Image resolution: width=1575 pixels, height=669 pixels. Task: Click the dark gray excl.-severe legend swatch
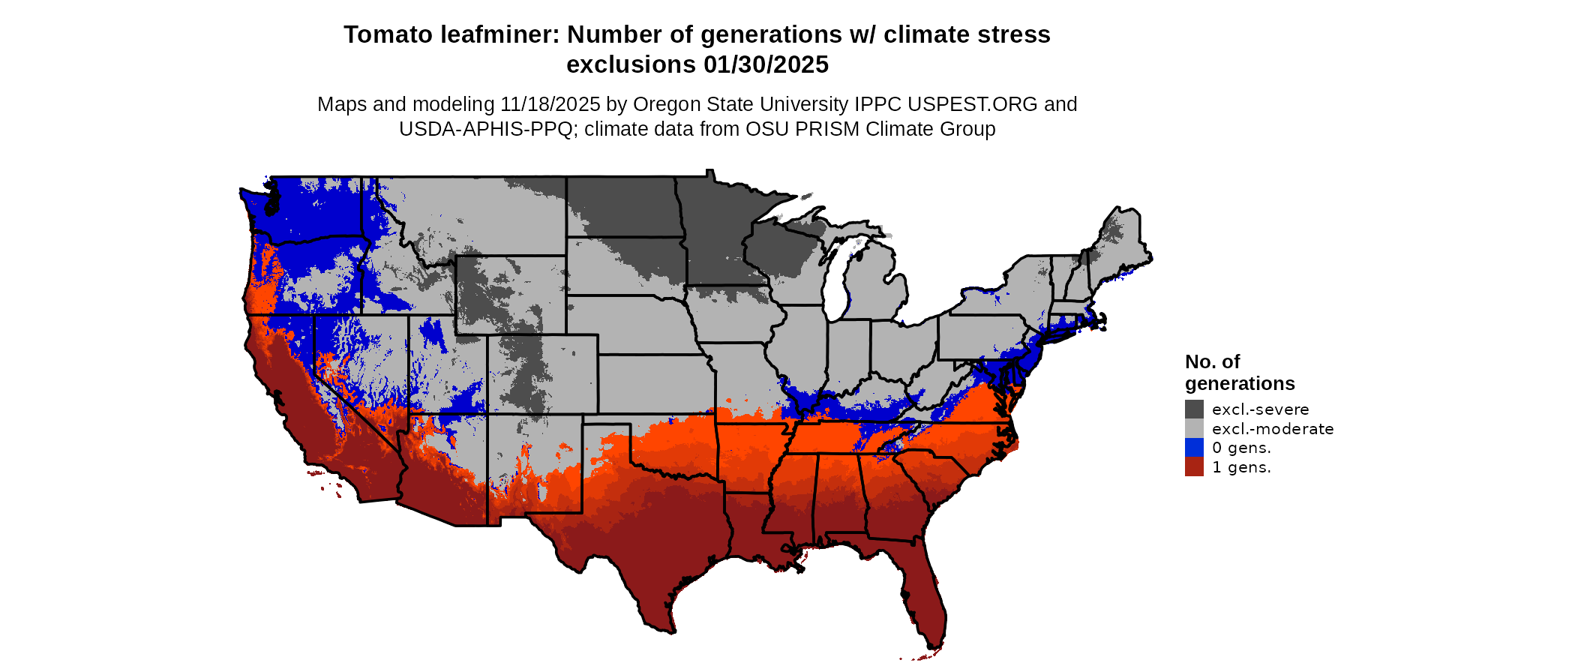[1194, 409]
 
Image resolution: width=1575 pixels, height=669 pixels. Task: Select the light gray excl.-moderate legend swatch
[1194, 428]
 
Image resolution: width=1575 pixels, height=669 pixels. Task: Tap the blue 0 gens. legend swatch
[1194, 448]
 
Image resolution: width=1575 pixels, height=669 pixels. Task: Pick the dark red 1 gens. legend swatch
[1194, 467]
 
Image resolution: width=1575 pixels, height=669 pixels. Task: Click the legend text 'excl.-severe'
[1260, 409]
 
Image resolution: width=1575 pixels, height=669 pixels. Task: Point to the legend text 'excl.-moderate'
[1273, 429]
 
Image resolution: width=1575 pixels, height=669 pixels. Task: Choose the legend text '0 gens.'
[1241, 448]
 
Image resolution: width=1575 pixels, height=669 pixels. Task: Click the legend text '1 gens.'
[1241, 467]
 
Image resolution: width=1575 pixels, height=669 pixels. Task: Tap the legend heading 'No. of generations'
[1239, 373]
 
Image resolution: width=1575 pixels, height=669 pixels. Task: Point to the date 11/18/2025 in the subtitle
[550, 104]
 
